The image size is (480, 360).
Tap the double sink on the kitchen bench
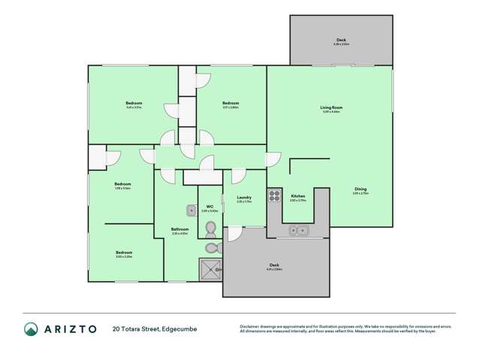(x=299, y=231)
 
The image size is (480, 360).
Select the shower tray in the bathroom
(x=210, y=268)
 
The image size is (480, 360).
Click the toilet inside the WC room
(x=210, y=227)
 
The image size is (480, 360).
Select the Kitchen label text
(x=297, y=196)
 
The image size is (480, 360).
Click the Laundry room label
(x=244, y=198)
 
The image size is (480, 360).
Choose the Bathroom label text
(x=180, y=229)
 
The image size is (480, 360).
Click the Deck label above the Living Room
(x=341, y=41)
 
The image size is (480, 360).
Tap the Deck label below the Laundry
(x=274, y=265)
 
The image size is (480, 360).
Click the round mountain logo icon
(x=31, y=329)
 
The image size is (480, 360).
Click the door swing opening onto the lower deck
(x=234, y=234)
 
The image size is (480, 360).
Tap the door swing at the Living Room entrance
(x=273, y=160)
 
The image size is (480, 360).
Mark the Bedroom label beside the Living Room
(x=230, y=103)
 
